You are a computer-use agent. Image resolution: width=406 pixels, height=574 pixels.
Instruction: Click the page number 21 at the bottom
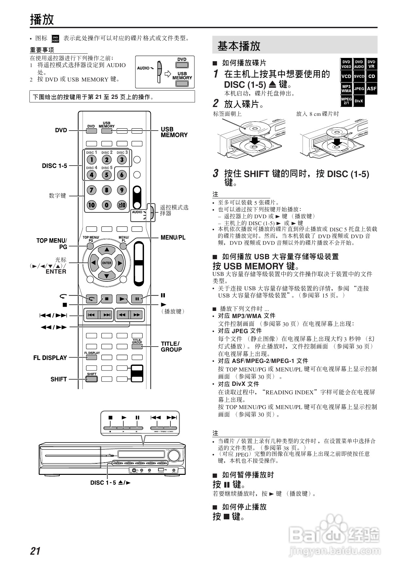pyautogui.click(x=35, y=551)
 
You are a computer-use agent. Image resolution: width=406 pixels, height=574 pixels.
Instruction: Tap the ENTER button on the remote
pyautogui.click(x=107, y=263)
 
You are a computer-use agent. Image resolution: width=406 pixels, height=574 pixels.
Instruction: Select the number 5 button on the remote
pyautogui.click(x=107, y=175)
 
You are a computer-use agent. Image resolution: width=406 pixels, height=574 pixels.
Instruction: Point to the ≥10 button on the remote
pyautogui.click(x=122, y=205)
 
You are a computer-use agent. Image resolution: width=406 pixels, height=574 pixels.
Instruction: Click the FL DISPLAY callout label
pyautogui.click(x=50, y=358)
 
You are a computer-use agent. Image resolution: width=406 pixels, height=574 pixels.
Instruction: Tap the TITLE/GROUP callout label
pyautogui.click(x=171, y=347)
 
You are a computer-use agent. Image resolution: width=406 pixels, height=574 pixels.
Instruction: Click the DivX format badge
pyautogui.click(x=359, y=101)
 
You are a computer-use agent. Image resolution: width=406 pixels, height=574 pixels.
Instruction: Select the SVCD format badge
pyautogui.click(x=359, y=76)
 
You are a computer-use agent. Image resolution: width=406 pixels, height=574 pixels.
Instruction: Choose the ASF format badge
pyautogui.click(x=371, y=88)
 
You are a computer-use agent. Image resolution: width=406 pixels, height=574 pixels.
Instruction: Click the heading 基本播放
pyautogui.click(x=239, y=46)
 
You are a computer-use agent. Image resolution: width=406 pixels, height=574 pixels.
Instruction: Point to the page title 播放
pyautogui.click(x=42, y=19)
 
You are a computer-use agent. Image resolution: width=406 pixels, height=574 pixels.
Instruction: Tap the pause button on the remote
pyautogui.click(x=137, y=298)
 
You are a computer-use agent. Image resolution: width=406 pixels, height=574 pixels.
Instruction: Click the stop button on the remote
pyautogui.click(x=107, y=298)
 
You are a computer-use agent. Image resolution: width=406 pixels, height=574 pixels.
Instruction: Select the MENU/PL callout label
pyautogui.click(x=173, y=237)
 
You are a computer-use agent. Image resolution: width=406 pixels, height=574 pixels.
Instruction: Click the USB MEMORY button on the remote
pyautogui.click(x=107, y=131)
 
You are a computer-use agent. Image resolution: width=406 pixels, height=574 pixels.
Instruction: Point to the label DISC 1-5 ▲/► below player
pyautogui.click(x=110, y=483)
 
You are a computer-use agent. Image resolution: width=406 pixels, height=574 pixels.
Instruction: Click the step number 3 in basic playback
pyautogui.click(x=216, y=173)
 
